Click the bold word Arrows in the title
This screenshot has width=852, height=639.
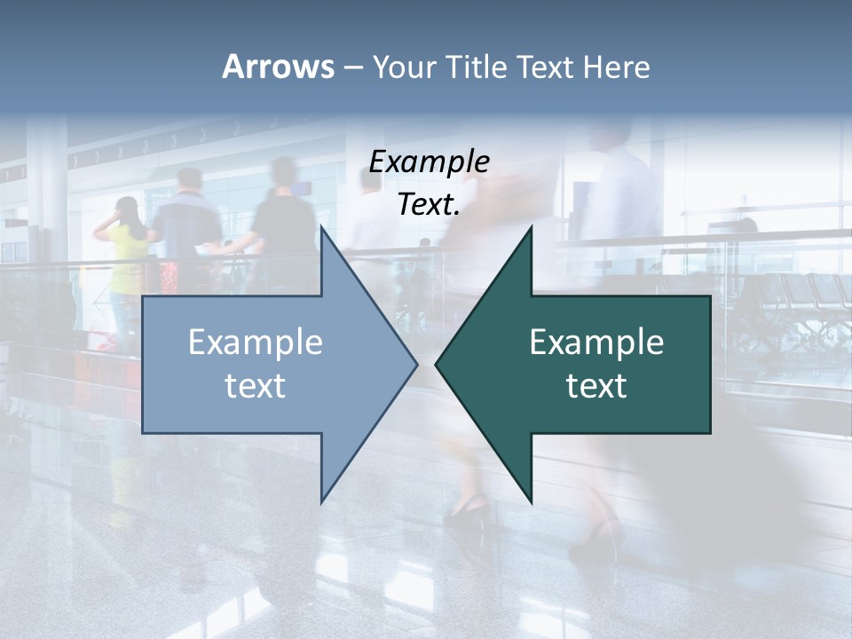pos(278,67)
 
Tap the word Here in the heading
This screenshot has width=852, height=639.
pos(616,67)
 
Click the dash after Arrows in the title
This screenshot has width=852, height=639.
pos(352,68)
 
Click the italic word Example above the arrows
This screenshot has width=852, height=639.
pos(429,162)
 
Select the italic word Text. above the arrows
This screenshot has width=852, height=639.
pos(429,205)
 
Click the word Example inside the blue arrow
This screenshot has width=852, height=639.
pos(256,342)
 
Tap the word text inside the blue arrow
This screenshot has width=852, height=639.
pos(256,386)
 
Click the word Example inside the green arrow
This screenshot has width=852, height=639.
pos(596,342)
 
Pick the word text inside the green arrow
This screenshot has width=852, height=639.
pos(596,386)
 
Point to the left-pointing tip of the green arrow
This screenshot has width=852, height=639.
pos(437,363)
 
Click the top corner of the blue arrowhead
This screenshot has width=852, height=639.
pos(321,228)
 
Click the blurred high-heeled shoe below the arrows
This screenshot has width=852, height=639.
pos(469,511)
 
